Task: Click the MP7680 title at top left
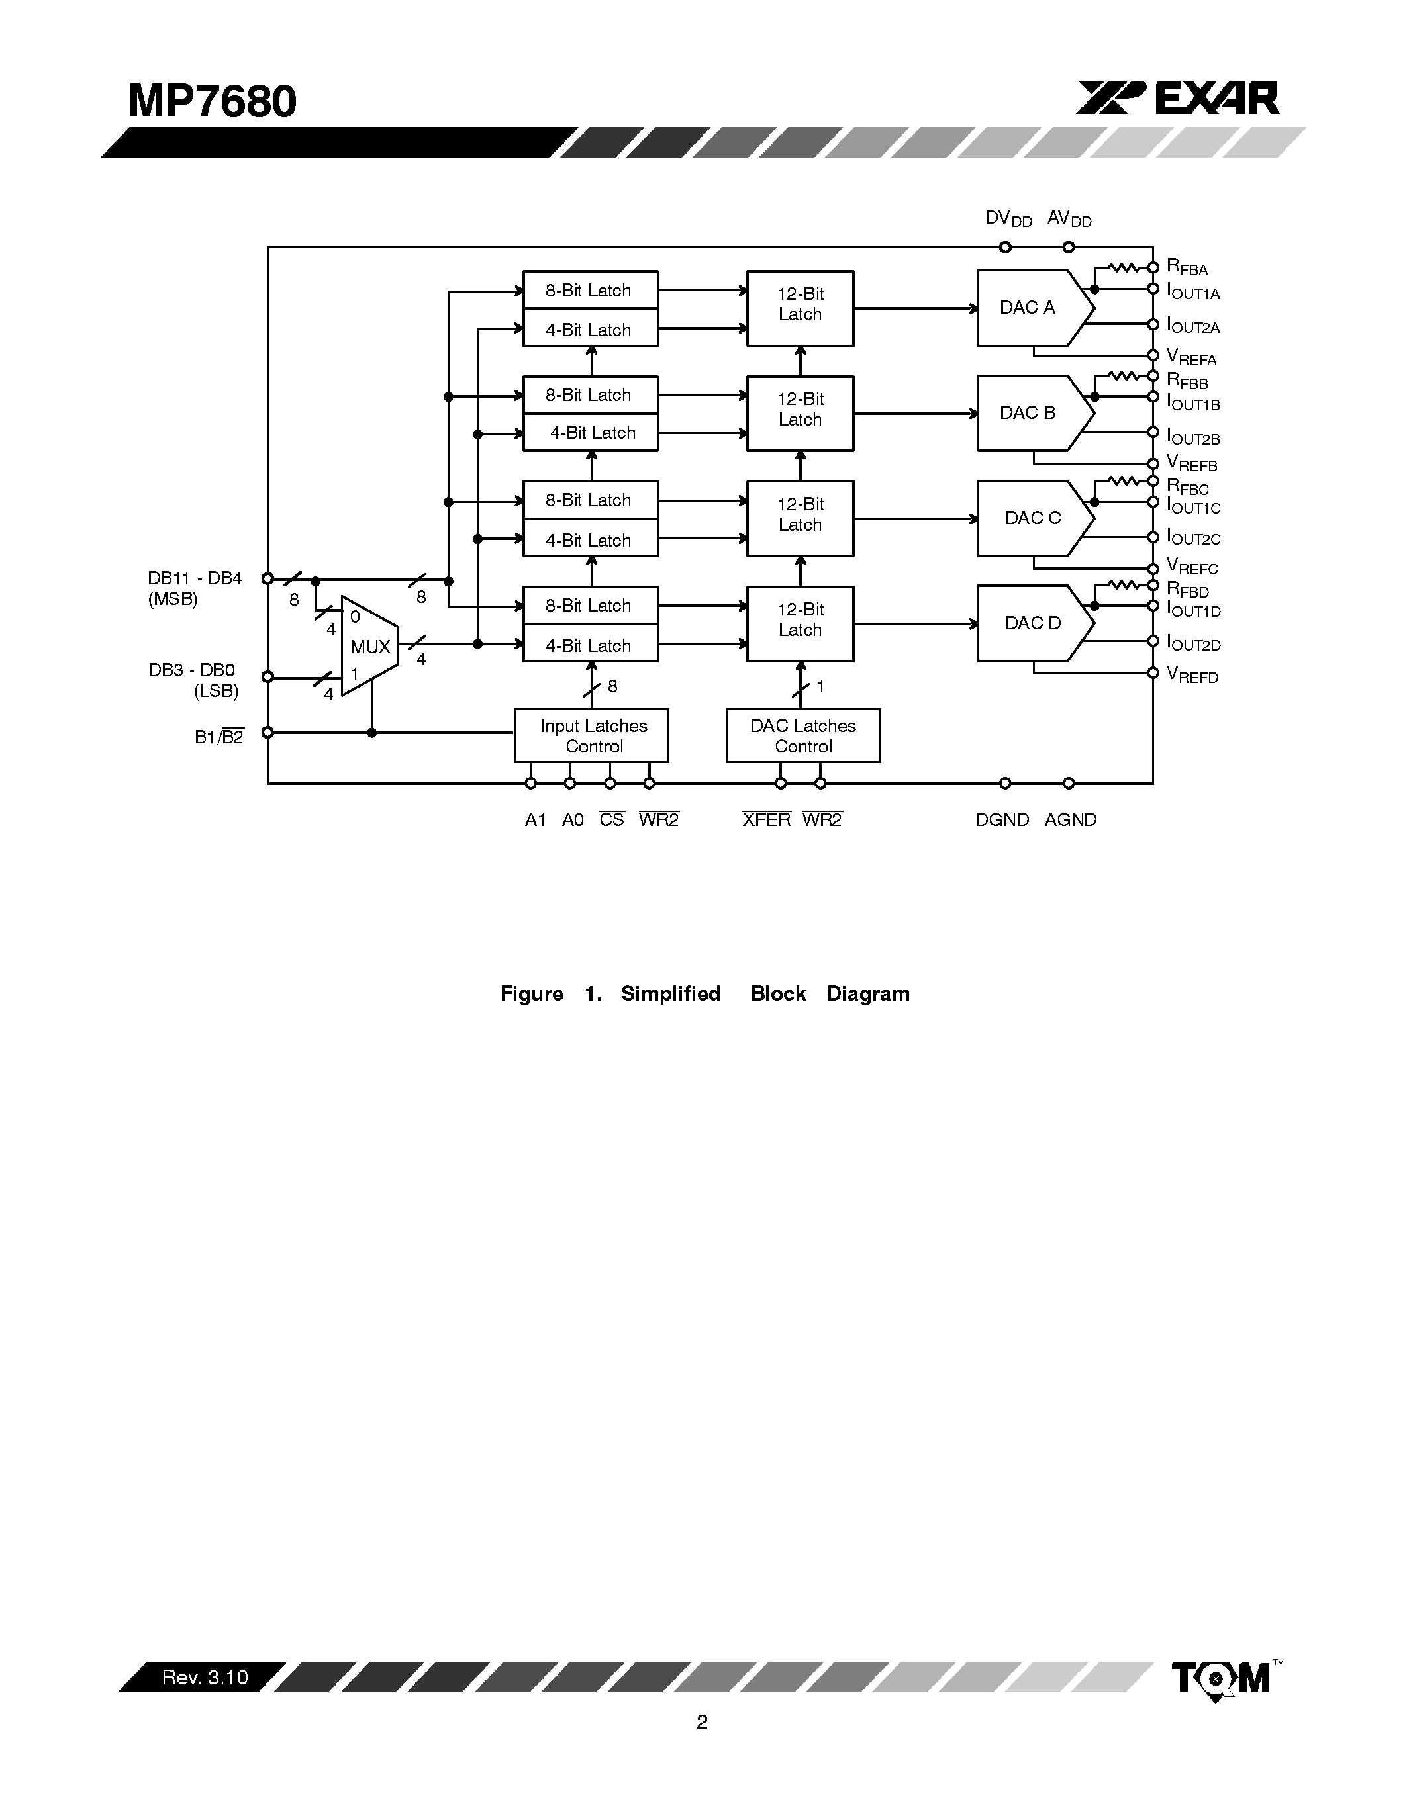click(x=213, y=102)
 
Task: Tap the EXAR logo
click(x=1178, y=99)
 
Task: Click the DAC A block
click(x=1030, y=308)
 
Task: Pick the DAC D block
click(x=1033, y=623)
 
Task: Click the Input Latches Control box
click(x=592, y=736)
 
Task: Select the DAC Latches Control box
click(x=802, y=736)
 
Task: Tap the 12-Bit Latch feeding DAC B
click(x=801, y=414)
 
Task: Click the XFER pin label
click(x=766, y=820)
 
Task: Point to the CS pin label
click(x=611, y=820)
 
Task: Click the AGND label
click(x=1070, y=820)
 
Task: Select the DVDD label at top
click(x=1008, y=219)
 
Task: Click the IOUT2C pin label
click(x=1192, y=537)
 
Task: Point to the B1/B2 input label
click(x=218, y=737)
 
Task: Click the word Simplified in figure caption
click(x=670, y=993)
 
